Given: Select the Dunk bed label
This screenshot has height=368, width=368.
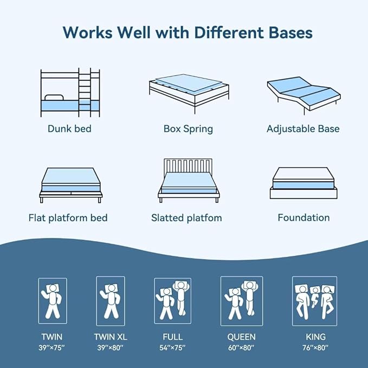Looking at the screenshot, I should click(69, 129).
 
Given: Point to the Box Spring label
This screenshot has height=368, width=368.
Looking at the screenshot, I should click(188, 129).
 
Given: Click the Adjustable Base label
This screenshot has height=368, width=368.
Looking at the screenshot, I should click(303, 129).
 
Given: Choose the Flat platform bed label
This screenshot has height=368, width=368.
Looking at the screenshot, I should click(68, 218).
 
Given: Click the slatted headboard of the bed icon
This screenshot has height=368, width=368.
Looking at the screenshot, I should click(188, 166).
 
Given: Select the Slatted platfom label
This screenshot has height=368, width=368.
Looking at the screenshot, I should click(186, 218).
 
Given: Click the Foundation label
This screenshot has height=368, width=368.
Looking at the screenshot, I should click(304, 218).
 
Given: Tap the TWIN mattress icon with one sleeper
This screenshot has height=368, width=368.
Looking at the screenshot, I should click(53, 301).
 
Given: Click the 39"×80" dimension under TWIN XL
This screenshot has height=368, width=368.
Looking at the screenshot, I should click(111, 347).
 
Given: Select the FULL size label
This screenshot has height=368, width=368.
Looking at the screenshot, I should click(172, 337).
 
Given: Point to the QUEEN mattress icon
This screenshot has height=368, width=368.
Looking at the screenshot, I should click(241, 301).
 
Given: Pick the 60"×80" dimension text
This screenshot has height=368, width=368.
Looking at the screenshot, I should click(241, 347).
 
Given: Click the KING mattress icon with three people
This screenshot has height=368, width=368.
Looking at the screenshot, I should click(314, 301).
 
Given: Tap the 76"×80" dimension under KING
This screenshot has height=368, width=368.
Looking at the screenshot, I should click(314, 347).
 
